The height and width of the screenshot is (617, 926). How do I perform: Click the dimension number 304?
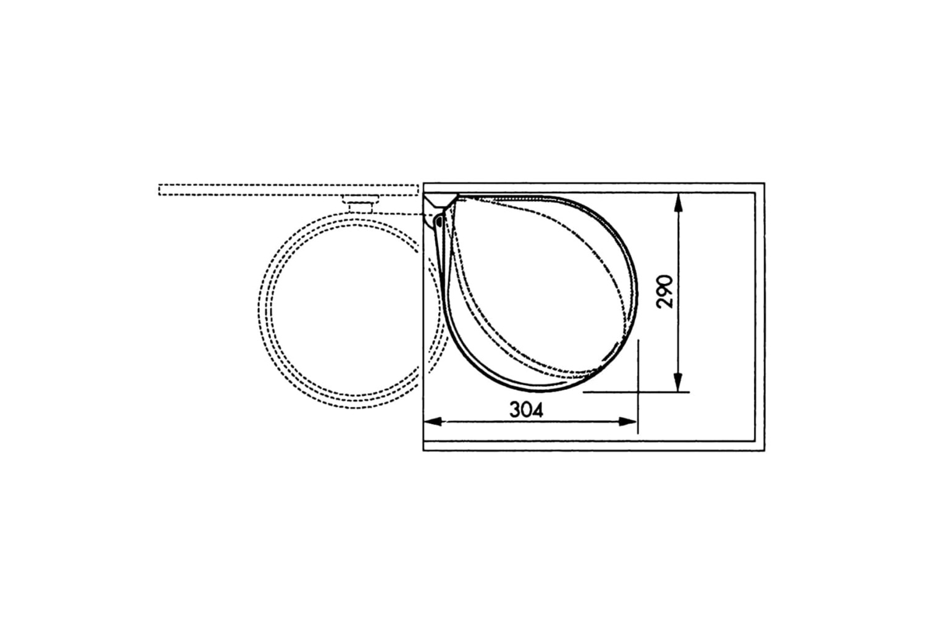(x=526, y=410)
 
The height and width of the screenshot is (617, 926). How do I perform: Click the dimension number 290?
(x=664, y=291)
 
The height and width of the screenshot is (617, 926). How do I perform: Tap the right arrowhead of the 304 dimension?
(x=628, y=421)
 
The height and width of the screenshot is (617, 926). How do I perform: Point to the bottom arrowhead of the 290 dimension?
(x=678, y=383)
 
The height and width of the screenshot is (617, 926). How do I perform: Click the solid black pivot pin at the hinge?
(x=438, y=222)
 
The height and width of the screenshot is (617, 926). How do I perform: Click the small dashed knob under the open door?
(x=361, y=204)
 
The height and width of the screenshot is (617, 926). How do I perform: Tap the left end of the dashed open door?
(x=159, y=189)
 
